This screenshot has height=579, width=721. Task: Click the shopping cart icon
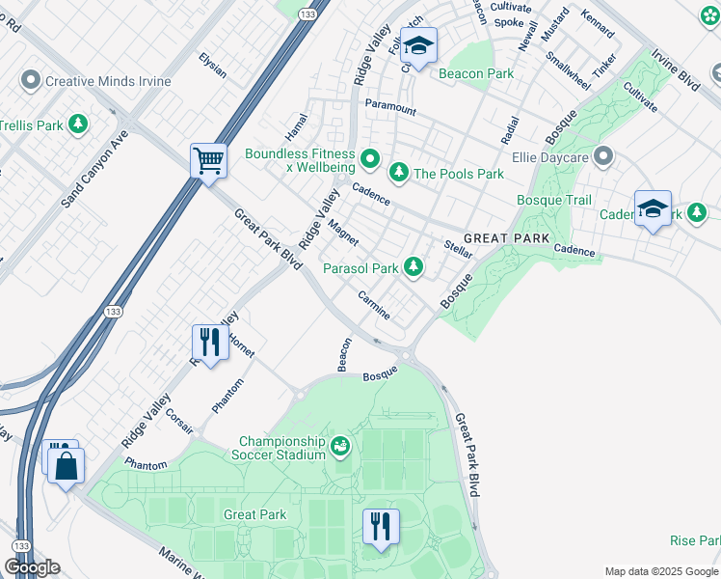pyautogui.click(x=208, y=160)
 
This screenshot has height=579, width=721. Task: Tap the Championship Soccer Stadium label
pyautogui.click(x=281, y=448)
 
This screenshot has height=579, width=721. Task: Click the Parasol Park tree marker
pyautogui.click(x=414, y=266)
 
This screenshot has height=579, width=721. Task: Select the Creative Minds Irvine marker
pyautogui.click(x=31, y=80)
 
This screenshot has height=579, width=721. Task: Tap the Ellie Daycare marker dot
pyautogui.click(x=604, y=154)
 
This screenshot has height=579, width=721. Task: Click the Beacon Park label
pyautogui.click(x=475, y=73)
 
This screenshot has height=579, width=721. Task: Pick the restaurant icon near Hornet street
pyautogui.click(x=207, y=341)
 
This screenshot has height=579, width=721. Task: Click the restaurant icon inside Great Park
pyautogui.click(x=381, y=526)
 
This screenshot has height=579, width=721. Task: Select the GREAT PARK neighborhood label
pyautogui.click(x=506, y=238)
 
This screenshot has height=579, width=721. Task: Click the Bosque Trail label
pyautogui.click(x=554, y=201)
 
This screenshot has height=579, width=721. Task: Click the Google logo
pyautogui.click(x=32, y=566)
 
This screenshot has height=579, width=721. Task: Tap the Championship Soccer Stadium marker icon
pyautogui.click(x=339, y=446)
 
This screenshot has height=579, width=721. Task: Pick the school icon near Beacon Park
pyautogui.click(x=419, y=44)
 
